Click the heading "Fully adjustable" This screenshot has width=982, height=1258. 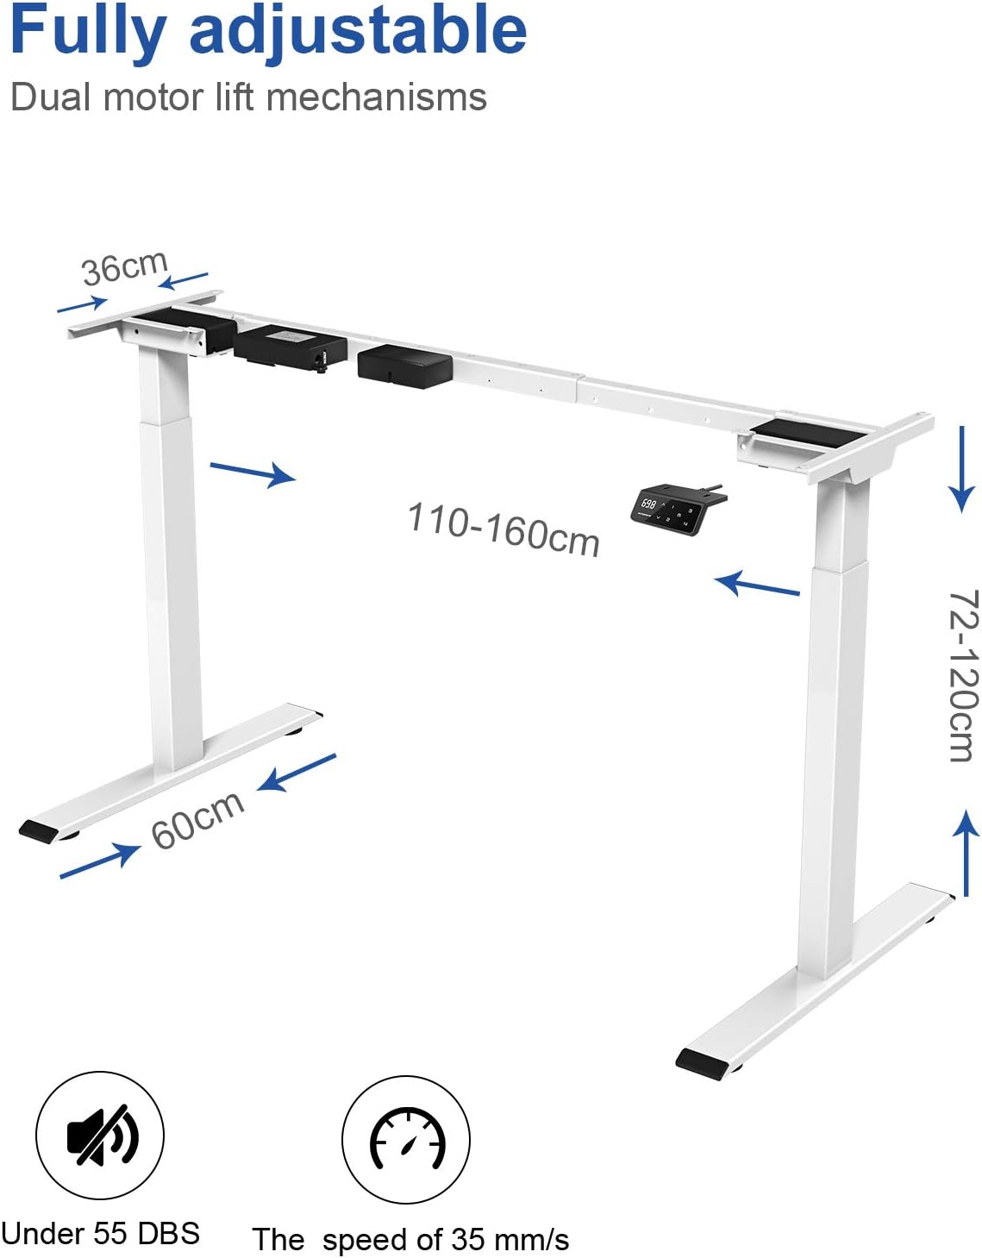(x=267, y=31)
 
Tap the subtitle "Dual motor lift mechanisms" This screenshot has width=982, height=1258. (x=248, y=97)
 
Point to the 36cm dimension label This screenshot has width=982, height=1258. (x=124, y=267)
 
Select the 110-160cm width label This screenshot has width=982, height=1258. (x=504, y=529)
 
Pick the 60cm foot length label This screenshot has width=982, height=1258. (x=197, y=819)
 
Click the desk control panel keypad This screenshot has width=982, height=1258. (x=668, y=510)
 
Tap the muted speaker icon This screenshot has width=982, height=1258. (x=100, y=1135)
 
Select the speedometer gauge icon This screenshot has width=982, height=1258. (x=406, y=1139)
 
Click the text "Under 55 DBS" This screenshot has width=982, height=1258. (x=100, y=1233)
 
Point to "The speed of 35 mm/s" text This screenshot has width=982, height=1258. (x=410, y=1239)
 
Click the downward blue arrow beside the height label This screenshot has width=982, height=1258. (x=962, y=469)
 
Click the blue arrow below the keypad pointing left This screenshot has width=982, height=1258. (x=757, y=585)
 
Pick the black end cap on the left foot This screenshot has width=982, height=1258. (x=39, y=831)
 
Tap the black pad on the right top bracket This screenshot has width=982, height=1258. (x=809, y=432)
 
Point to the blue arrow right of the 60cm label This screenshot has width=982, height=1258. (x=297, y=772)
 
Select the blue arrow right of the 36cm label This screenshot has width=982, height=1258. (x=184, y=280)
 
